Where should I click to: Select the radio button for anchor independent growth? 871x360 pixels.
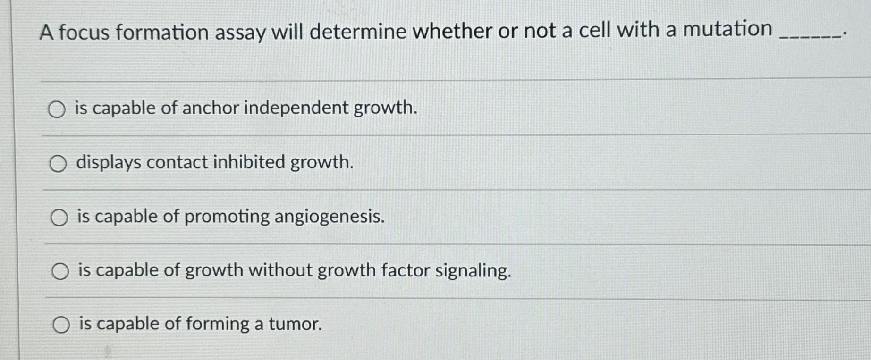(57, 109)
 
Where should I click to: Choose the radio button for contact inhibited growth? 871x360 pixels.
(58, 164)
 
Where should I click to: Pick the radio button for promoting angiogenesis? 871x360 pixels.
(59, 218)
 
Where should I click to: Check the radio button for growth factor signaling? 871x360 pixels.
(60, 271)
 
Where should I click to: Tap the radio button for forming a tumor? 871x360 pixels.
(61, 325)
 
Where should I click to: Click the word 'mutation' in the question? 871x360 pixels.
(727, 29)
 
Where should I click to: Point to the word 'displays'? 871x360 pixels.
(109, 162)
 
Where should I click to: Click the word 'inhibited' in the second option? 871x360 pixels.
(249, 162)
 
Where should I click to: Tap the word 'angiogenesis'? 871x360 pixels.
(330, 217)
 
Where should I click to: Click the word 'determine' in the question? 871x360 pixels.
(358, 32)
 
